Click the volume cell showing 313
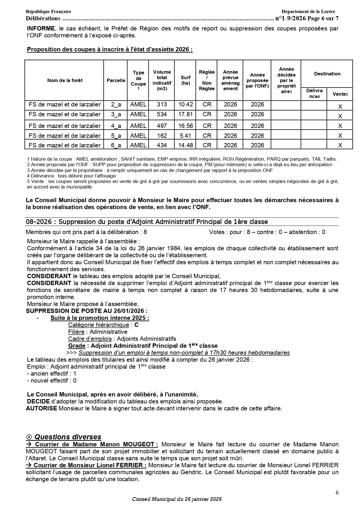162,104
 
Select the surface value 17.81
185,114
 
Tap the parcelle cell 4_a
116,126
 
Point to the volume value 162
162,135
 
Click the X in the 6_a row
340,145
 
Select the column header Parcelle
116,80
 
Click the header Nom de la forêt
65,80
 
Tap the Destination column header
327,74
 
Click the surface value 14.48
185,145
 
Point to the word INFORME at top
41,28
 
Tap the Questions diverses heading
68,437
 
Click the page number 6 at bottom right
337,492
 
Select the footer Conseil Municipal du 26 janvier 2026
177,499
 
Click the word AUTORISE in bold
41,408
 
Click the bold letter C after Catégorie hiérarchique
136,325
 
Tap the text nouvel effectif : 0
52,381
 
